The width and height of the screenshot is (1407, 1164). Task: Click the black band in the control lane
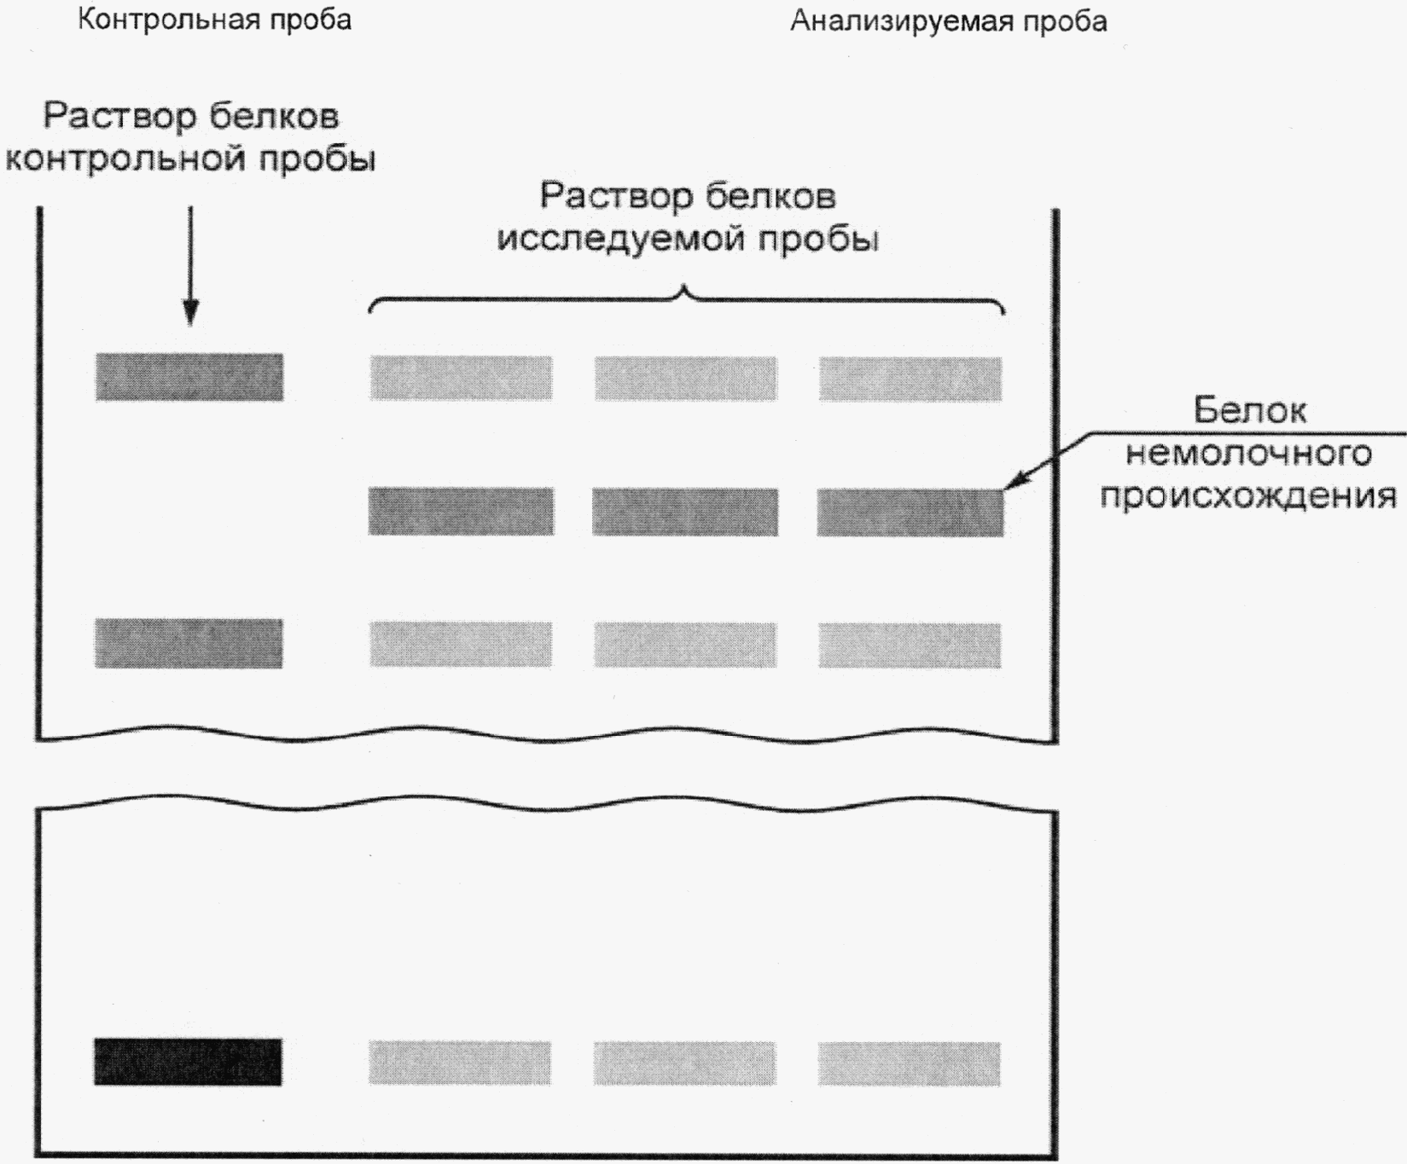[188, 1062]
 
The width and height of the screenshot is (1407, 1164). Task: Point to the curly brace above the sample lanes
[686, 298]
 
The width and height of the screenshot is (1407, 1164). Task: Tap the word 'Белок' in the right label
[1249, 411]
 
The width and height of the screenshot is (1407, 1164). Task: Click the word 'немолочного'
[1248, 453]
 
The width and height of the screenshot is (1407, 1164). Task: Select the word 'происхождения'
[1248, 495]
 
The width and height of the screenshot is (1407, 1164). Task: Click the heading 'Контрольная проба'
[214, 20]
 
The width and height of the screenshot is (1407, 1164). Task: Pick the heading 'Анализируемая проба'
[948, 20]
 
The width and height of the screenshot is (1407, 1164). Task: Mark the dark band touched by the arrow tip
[910, 512]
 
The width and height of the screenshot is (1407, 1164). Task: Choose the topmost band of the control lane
[189, 377]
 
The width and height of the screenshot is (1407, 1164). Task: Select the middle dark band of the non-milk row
[685, 512]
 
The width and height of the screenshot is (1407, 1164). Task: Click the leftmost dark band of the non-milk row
[461, 512]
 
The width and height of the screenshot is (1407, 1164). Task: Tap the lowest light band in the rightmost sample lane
[910, 1063]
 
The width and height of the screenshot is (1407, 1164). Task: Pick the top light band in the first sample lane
[461, 379]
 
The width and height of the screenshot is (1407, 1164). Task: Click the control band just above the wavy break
[189, 643]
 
